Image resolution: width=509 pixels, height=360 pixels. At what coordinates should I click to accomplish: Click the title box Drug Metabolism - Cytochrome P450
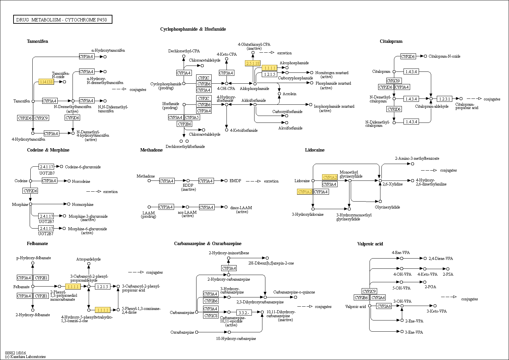(x=63, y=20)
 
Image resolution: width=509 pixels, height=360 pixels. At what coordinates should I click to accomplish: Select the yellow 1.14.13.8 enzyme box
(x=46, y=82)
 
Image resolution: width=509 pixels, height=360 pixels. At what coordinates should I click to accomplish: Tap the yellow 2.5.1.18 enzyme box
(x=253, y=63)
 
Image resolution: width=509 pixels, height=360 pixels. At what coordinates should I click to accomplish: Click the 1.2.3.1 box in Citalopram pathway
(x=445, y=99)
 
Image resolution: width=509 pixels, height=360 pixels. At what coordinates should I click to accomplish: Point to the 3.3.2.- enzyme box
(x=244, y=312)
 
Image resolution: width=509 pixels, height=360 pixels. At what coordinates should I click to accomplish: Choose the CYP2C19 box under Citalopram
(x=394, y=81)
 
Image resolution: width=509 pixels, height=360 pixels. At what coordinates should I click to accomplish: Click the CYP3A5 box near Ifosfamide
(x=192, y=117)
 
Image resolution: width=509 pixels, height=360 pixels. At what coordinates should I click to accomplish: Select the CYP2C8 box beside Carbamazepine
(x=211, y=316)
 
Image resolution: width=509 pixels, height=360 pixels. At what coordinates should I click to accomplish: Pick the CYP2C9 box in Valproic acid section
(x=369, y=291)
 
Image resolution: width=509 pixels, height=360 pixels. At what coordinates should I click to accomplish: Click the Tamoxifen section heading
(x=37, y=42)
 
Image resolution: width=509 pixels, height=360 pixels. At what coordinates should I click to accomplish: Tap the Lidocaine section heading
(x=314, y=150)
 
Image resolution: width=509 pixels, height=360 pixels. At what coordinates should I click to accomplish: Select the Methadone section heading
(x=151, y=150)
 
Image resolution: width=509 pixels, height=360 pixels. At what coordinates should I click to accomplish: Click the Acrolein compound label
(x=289, y=94)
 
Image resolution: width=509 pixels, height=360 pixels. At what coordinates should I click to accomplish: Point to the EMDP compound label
(x=235, y=181)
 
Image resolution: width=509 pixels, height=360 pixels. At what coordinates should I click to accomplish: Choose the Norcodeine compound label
(x=81, y=181)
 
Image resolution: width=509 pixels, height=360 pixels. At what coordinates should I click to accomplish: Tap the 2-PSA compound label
(x=448, y=274)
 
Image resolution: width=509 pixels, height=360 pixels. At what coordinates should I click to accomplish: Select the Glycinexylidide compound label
(x=387, y=207)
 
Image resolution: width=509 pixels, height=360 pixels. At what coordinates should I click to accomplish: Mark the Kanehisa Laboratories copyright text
(x=25, y=357)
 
